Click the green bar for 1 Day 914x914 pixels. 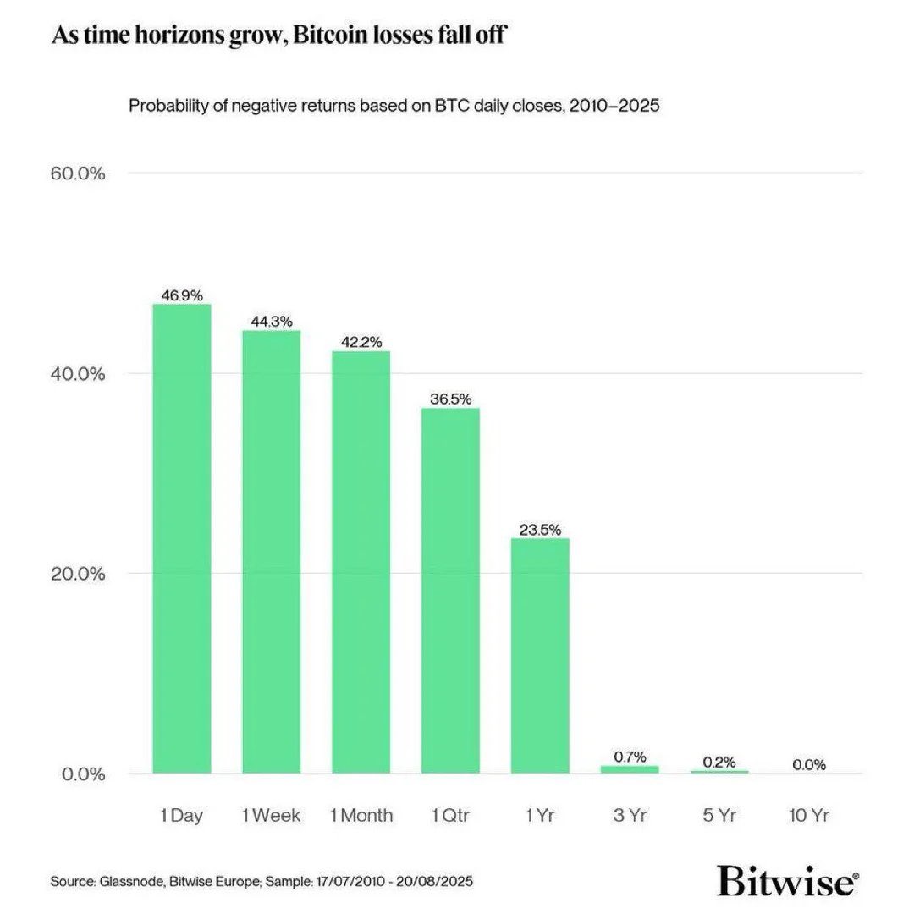[x=181, y=538]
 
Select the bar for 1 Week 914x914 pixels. [x=272, y=551]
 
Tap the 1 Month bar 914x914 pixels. [x=361, y=562]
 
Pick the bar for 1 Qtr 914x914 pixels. [x=450, y=590]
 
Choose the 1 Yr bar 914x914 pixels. [x=540, y=655]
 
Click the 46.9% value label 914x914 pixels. [x=182, y=295]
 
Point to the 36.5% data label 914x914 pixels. [x=450, y=399]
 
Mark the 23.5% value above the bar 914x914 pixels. [x=540, y=530]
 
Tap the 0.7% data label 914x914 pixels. [x=630, y=757]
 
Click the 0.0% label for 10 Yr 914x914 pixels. [x=809, y=765]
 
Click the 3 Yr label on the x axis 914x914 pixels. [x=630, y=816]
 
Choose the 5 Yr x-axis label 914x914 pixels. [x=719, y=816]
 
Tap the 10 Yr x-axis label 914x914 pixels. [x=809, y=816]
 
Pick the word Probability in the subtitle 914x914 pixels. [x=165, y=106]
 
